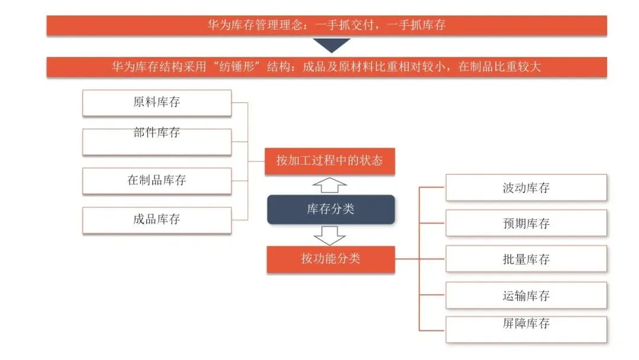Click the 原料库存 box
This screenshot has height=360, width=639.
click(x=157, y=102)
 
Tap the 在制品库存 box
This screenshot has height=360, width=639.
click(x=157, y=181)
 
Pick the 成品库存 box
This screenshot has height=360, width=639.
click(x=157, y=220)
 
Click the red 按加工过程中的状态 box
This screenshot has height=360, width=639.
click(x=330, y=161)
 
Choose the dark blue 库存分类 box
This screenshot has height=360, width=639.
click(x=331, y=210)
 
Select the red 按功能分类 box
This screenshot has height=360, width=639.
click(x=331, y=259)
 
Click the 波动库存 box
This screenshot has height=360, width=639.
click(x=526, y=188)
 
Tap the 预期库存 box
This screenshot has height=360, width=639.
click(x=526, y=223)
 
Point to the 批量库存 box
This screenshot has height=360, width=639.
click(x=526, y=259)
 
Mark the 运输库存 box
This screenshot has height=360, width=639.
click(x=526, y=295)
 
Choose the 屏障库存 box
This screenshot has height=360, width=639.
click(x=526, y=329)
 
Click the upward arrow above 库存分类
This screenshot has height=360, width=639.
click(x=329, y=185)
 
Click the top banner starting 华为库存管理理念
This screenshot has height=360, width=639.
click(x=327, y=25)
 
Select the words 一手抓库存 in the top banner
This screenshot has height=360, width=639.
click(x=416, y=25)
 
